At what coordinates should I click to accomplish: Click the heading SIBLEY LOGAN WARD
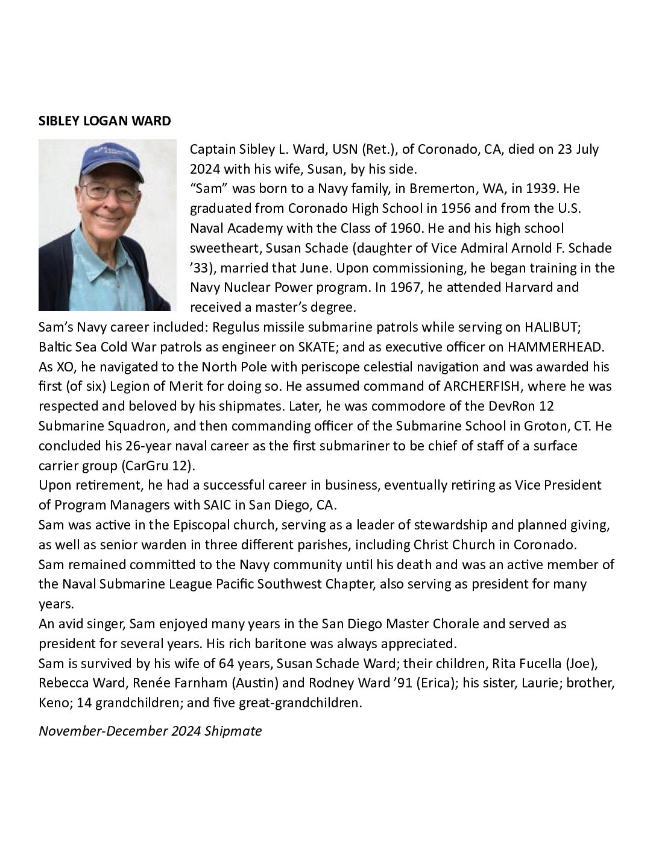pyautogui.click(x=105, y=121)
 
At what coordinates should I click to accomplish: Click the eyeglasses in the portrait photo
pyautogui.click(x=112, y=192)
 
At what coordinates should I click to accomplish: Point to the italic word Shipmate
pyautogui.click(x=233, y=731)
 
